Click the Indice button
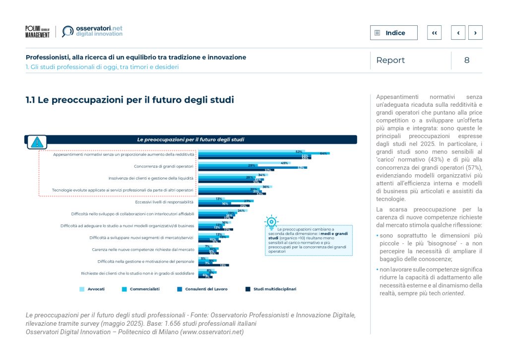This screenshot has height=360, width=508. pyautogui.click(x=393, y=33)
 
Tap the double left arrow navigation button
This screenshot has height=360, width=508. pyautogui.click(x=434, y=33)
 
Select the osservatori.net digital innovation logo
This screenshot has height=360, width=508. pyautogui.click(x=92, y=31)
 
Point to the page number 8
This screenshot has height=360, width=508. pyautogui.click(x=466, y=60)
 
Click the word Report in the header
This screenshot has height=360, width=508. pyautogui.click(x=390, y=60)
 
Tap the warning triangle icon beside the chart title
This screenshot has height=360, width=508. pyautogui.click(x=36, y=142)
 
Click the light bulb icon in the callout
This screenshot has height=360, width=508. pyautogui.click(x=271, y=222)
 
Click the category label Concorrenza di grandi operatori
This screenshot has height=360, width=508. pyautogui.click(x=164, y=166)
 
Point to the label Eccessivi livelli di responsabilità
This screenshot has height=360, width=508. pyautogui.click(x=164, y=202)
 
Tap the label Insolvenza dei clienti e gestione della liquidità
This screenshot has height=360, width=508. pyautogui.click(x=151, y=178)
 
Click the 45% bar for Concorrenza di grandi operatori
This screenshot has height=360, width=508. pyautogui.click(x=243, y=163)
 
